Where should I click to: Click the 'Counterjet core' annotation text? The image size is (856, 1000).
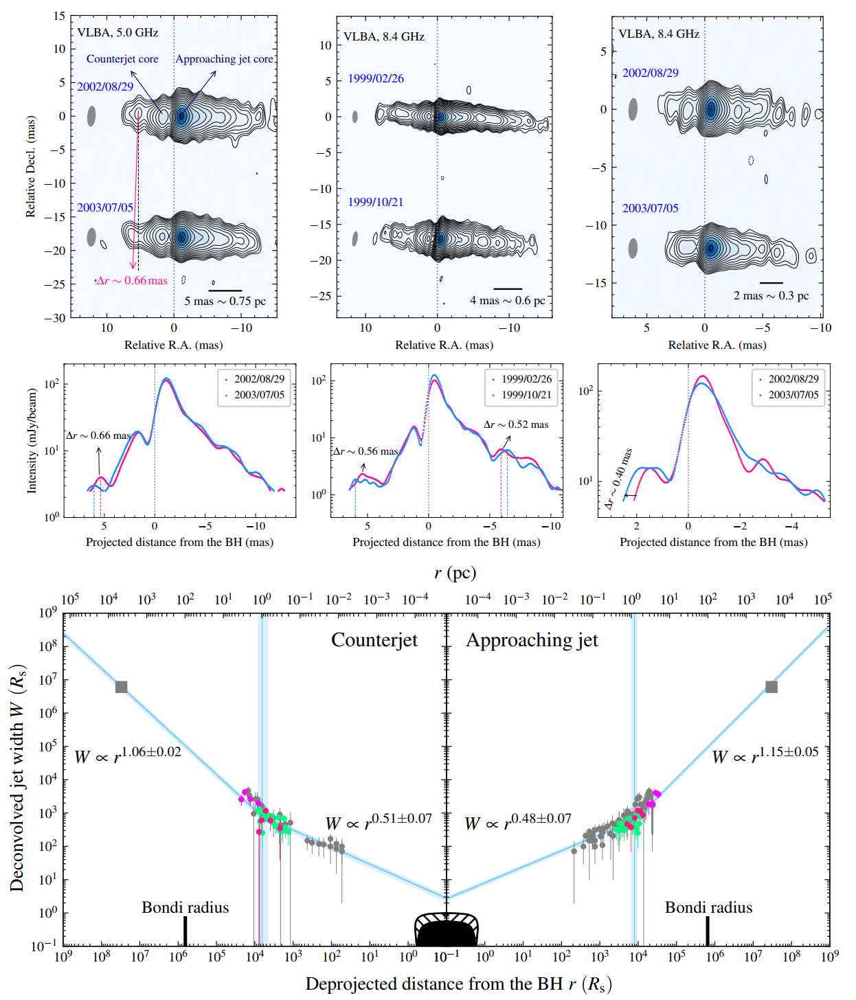122,59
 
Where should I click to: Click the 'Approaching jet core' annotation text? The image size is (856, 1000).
224,59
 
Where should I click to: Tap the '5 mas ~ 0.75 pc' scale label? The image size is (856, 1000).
225,301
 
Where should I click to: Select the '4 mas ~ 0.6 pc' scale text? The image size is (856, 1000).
507,300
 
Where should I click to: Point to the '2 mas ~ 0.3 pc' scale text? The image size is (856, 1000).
771,295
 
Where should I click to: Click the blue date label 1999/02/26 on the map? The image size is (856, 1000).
376,78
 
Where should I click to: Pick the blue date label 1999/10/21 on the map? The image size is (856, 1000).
376,202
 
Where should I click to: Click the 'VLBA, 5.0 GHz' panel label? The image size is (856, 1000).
117,32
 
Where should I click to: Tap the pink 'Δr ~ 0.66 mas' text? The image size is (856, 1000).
132,280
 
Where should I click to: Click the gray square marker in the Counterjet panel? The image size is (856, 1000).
122,687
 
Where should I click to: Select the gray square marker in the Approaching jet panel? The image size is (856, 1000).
771,687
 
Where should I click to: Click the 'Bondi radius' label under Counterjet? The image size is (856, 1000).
185,907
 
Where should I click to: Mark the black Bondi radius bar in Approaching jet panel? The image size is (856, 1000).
708,931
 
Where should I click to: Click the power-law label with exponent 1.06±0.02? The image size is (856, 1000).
128,755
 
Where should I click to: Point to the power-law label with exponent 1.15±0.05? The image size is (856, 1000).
765,755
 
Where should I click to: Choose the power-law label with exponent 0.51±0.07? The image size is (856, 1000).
379,821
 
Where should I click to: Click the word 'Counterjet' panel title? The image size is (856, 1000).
374,640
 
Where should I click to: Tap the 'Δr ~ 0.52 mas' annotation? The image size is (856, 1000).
516,424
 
